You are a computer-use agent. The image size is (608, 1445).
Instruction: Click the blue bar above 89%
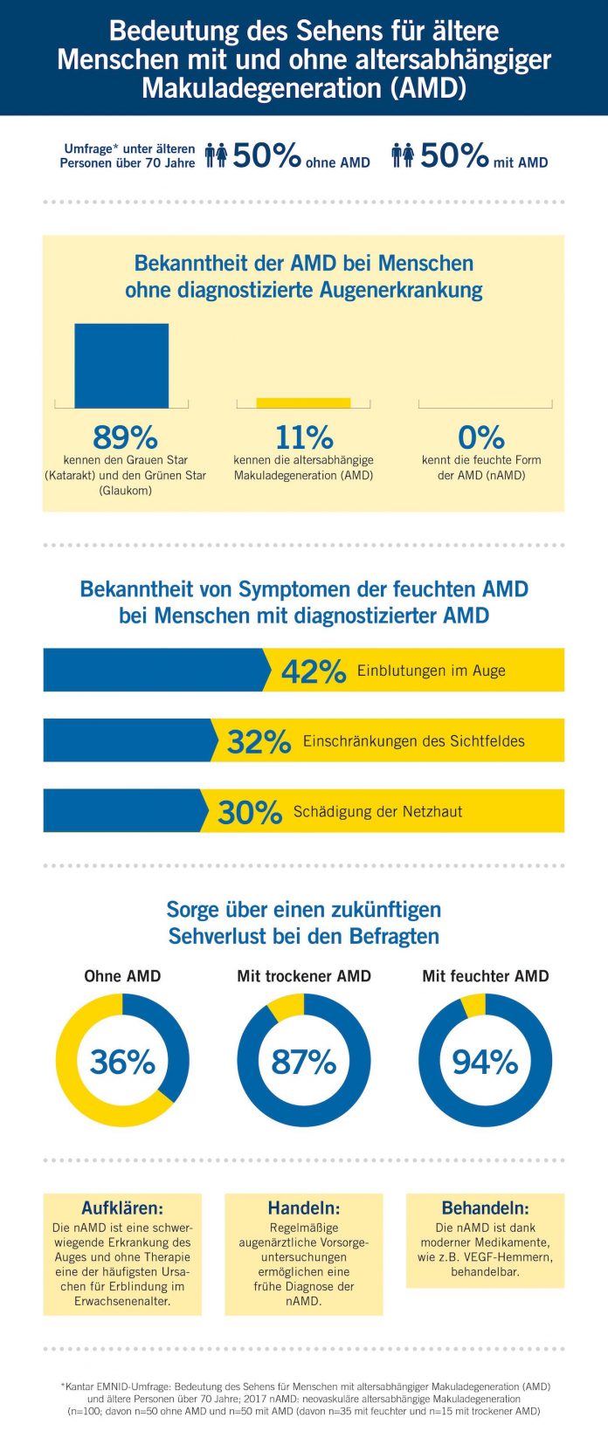[x=121, y=366]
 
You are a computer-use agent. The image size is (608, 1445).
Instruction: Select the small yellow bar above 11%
[x=303, y=403]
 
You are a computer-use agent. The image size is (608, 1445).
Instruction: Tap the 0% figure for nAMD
[x=481, y=437]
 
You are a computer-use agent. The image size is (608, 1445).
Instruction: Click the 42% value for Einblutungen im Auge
[x=314, y=671]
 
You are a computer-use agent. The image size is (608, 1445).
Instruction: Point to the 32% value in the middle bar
[x=259, y=742]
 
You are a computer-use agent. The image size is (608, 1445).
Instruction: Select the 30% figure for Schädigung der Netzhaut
[x=251, y=812]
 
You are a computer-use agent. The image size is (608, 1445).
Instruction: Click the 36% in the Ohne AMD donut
[x=122, y=1062]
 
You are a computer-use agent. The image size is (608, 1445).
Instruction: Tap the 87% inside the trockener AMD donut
[x=304, y=1062]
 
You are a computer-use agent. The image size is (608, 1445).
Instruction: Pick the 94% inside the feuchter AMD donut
[x=486, y=1062]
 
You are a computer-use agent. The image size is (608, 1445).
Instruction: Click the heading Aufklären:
[x=122, y=1208]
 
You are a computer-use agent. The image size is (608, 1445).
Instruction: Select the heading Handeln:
[x=304, y=1208]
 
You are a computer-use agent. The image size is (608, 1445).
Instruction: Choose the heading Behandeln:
[x=486, y=1208]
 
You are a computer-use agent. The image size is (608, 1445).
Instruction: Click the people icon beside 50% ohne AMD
[x=217, y=155]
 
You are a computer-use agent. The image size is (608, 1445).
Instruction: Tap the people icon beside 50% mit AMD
[x=403, y=155]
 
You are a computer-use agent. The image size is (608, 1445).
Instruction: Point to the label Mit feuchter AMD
[x=486, y=976]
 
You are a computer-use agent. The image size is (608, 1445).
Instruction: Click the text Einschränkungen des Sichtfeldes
[x=414, y=740]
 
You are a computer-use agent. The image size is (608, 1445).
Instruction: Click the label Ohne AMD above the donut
[x=122, y=976]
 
